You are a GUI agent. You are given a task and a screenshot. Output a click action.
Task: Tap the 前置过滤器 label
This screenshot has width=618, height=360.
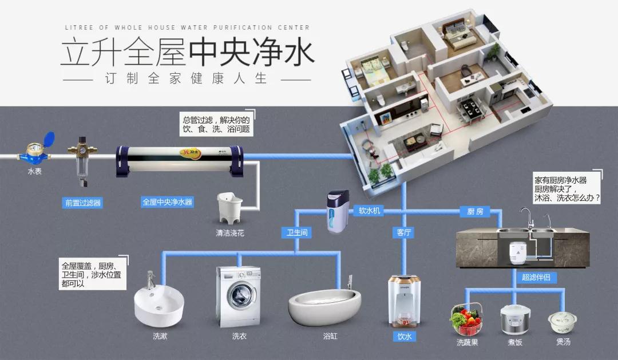83,203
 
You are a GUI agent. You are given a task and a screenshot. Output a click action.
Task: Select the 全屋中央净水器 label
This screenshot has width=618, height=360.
167,202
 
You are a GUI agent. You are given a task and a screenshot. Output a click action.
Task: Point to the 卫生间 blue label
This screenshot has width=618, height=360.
296,232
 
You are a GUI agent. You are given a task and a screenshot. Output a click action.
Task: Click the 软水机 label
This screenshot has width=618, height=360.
369,211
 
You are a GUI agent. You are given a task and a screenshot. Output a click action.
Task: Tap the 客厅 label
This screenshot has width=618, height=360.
404,232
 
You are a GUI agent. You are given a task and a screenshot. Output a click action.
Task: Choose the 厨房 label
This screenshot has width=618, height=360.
475,211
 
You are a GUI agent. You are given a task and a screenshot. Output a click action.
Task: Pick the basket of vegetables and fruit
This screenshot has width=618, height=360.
467,321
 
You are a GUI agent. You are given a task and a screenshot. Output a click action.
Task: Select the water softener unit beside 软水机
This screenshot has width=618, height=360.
337,211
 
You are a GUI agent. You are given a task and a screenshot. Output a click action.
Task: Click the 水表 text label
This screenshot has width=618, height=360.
34,171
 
